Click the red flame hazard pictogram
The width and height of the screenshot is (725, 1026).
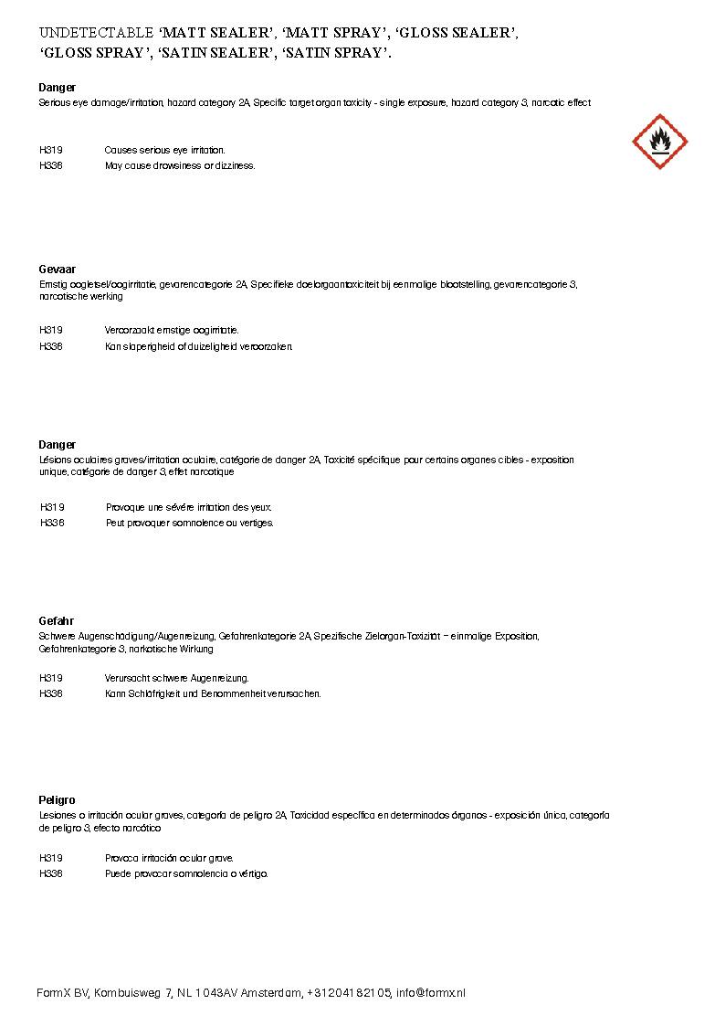pyautogui.click(x=659, y=142)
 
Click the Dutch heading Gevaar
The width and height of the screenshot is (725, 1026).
pyautogui.click(x=57, y=270)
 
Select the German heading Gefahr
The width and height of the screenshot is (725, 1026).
pyautogui.click(x=57, y=621)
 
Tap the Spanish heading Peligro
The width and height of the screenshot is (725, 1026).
pyautogui.click(x=57, y=800)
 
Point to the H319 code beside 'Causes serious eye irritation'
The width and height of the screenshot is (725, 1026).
pyautogui.click(x=51, y=150)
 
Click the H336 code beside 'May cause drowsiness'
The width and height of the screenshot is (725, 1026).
pyautogui.click(x=51, y=166)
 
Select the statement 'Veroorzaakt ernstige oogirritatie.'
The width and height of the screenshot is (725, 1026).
pyautogui.click(x=172, y=330)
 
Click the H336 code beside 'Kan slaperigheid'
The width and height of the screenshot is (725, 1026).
pyautogui.click(x=51, y=346)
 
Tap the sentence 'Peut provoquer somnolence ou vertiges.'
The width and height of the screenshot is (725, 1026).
pyautogui.click(x=190, y=524)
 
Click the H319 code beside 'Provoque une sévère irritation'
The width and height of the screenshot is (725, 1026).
pyautogui.click(x=52, y=507)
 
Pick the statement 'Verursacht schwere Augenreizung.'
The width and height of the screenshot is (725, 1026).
pyautogui.click(x=176, y=678)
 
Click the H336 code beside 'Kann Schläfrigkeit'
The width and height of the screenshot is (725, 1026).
pyautogui.click(x=51, y=694)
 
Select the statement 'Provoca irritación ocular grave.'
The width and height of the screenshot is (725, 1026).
pyautogui.click(x=169, y=858)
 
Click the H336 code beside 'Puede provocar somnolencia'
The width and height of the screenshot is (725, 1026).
pyautogui.click(x=51, y=874)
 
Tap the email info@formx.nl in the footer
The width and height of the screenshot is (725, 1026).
pyautogui.click(x=431, y=993)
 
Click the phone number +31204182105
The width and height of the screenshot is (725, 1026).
pyautogui.click(x=350, y=993)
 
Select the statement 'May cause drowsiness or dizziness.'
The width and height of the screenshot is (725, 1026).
pyautogui.click(x=180, y=166)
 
